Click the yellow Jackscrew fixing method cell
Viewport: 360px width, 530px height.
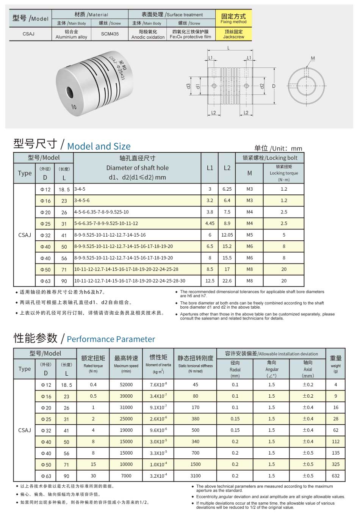pyautogui.click(x=233, y=34)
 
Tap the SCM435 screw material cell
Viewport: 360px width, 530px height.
pyautogui.click(x=110, y=34)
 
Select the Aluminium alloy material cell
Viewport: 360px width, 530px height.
pyautogui.click(x=71, y=34)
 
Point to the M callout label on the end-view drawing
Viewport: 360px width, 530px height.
pyautogui.click(x=313, y=58)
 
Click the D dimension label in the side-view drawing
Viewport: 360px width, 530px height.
pyautogui.click(x=274, y=86)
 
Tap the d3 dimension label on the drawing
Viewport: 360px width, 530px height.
pyautogui.click(x=188, y=86)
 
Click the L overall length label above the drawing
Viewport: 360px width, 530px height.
pyautogui.click(x=229, y=48)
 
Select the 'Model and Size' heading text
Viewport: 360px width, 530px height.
pyautogui.click(x=99, y=146)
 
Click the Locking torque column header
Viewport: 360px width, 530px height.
pyautogui.click(x=284, y=173)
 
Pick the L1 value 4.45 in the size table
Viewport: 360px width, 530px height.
pyautogui.click(x=210, y=224)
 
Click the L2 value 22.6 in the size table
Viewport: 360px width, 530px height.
pyautogui.click(x=227, y=281)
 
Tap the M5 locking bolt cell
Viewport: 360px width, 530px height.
pyautogui.click(x=249, y=235)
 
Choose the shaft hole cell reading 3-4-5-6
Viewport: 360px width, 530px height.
pyautogui.click(x=82, y=201)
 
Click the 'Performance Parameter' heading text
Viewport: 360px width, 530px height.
pyautogui.click(x=111, y=339)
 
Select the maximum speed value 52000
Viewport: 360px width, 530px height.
pyautogui.click(x=126, y=385)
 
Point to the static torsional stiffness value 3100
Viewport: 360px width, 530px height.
pyautogui.click(x=196, y=476)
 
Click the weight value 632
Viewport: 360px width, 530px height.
pyautogui.click(x=336, y=476)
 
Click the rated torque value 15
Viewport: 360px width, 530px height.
pyautogui.click(x=93, y=464)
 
